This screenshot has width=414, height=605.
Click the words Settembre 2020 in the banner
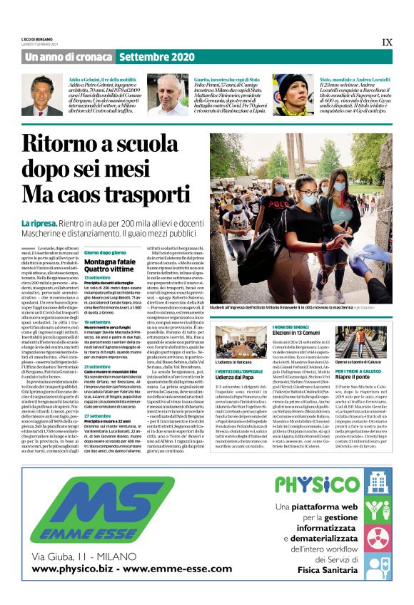pos(156,56)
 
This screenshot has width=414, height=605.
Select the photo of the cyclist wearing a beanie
pos(293,94)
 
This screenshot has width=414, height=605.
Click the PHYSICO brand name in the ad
pos(308,485)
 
